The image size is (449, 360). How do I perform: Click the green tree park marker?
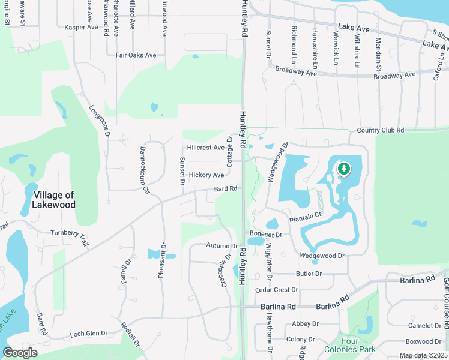pos(343,169)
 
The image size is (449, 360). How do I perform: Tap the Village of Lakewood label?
pos(55,200)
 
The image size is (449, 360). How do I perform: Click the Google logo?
pos(20,353)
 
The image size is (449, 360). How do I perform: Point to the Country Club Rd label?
pos(380,130)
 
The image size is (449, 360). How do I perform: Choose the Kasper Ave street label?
pos(81,28)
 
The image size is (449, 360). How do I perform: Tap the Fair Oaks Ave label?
pos(136,55)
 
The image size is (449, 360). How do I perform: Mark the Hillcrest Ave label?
pos(205,148)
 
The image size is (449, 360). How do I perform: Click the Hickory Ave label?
pos(206,175)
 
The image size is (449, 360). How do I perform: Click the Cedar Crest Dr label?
pos(277,290)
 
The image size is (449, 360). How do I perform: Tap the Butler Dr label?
pos(309,274)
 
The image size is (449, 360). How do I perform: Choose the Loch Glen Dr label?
pos(88,334)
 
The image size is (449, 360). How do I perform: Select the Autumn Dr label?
pos(222,246)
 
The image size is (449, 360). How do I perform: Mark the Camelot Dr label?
pos(424,326)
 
